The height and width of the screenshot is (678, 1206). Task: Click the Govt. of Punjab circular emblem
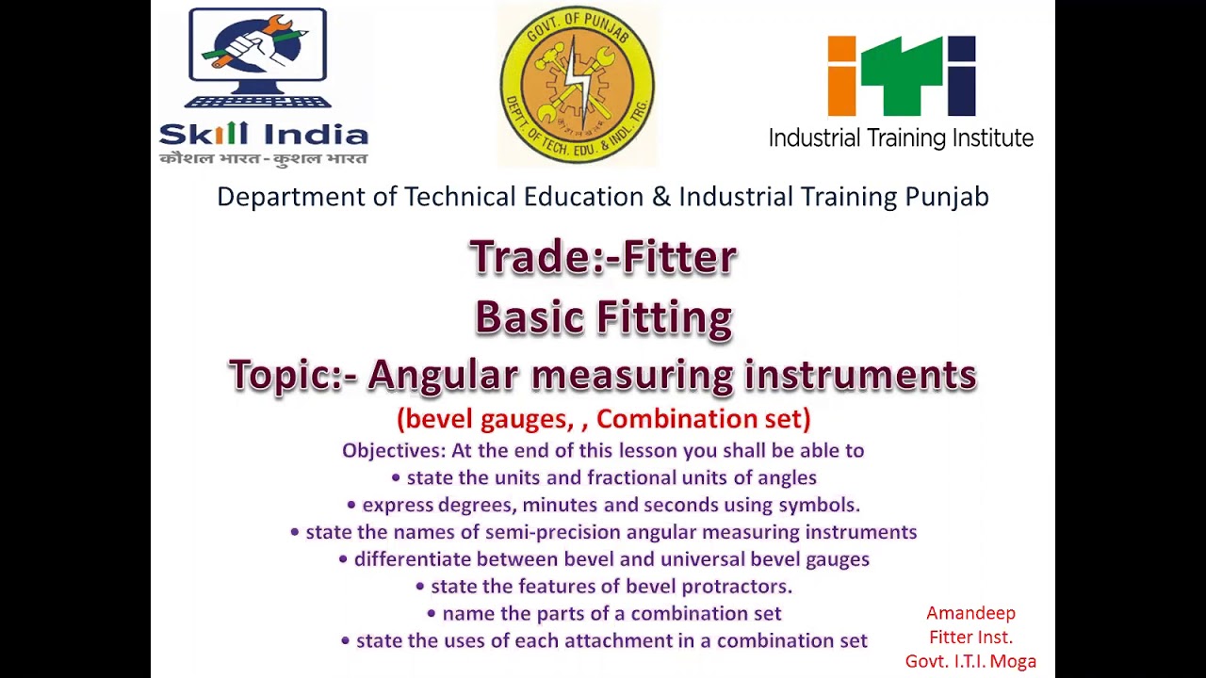[577, 85]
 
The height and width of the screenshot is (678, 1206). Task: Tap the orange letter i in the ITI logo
[841, 75]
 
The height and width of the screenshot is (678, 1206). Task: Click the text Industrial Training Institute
[901, 138]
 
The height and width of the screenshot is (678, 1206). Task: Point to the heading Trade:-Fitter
[603, 257]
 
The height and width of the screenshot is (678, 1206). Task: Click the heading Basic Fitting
[603, 317]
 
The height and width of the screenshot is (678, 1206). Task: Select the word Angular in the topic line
[443, 375]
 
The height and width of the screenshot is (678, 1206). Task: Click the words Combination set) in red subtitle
[703, 418]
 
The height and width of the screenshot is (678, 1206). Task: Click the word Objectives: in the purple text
[394, 450]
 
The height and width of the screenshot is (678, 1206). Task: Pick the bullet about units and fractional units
[603, 477]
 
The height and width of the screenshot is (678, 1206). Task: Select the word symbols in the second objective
[819, 505]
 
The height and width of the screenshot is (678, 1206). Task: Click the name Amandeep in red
[970, 613]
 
